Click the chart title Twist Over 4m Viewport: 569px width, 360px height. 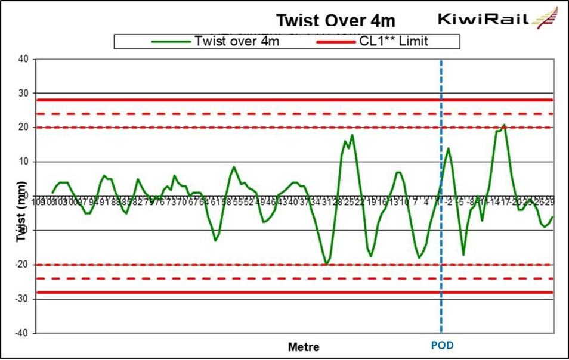point(335,21)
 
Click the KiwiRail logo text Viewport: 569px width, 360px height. point(484,19)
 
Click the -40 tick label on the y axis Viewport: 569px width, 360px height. point(22,333)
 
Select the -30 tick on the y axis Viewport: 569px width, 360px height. point(22,299)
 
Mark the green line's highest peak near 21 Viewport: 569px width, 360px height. point(504,125)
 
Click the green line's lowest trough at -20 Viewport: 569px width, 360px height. point(326,264)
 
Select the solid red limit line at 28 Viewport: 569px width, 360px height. point(239,100)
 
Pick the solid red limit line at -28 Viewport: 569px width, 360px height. point(239,292)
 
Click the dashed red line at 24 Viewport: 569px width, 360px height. point(239,113)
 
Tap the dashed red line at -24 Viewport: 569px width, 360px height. point(239,278)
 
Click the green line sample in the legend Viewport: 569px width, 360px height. point(171,41)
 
